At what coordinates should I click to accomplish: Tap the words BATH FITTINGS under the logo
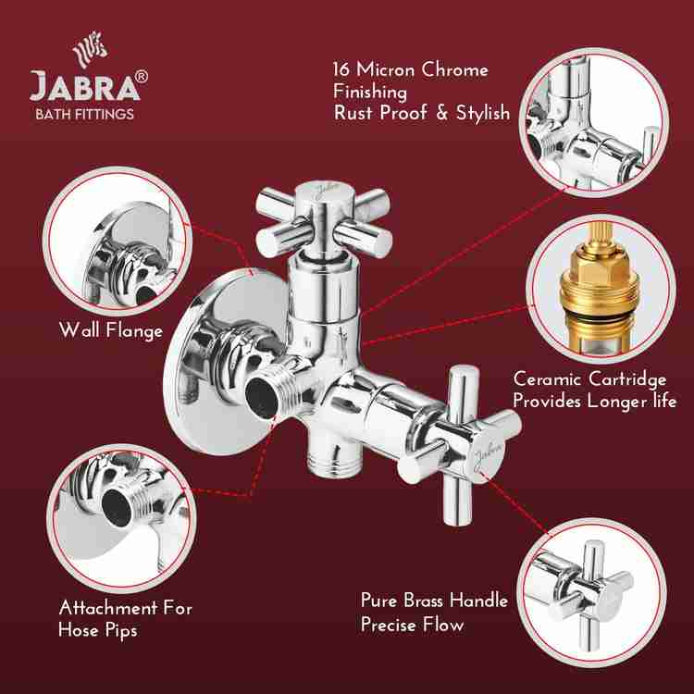click(84, 115)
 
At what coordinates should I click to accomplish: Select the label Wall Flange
click(110, 330)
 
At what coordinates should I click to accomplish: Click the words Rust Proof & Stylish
click(421, 113)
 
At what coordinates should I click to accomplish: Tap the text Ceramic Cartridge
click(589, 379)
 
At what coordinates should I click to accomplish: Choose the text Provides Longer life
click(595, 402)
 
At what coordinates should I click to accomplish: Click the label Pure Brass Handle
click(434, 601)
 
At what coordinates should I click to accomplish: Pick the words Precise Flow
click(412, 625)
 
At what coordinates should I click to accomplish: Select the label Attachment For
click(126, 608)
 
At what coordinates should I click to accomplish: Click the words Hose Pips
click(99, 631)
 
